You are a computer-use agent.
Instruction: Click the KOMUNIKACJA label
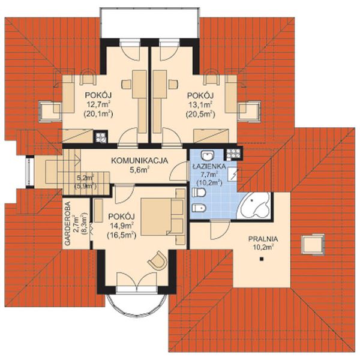pyautogui.click(x=140, y=160)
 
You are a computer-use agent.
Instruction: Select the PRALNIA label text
pyautogui.click(x=263, y=239)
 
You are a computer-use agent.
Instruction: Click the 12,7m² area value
pyautogui.click(x=98, y=104)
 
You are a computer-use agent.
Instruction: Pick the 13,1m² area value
pyautogui.click(x=200, y=104)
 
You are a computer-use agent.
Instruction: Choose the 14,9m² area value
pyautogui.click(x=122, y=226)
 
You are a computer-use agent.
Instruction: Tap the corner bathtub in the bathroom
pyautogui.click(x=254, y=206)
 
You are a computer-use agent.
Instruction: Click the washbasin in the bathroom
pyautogui.click(x=208, y=155)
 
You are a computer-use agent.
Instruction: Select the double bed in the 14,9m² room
pyautogui.click(x=163, y=217)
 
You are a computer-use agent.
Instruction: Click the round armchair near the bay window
pyautogui.click(x=158, y=260)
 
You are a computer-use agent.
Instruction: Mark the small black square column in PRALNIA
pyautogui.click(x=261, y=259)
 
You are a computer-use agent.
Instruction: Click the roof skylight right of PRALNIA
pyautogui.click(x=313, y=244)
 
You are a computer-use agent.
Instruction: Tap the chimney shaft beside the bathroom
pyautogui.click(x=233, y=152)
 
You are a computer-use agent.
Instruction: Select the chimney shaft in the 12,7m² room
pyautogui.click(x=101, y=137)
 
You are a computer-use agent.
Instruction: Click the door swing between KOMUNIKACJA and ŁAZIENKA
pyautogui.click(x=179, y=171)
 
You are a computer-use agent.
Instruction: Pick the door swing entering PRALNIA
pyautogui.click(x=220, y=230)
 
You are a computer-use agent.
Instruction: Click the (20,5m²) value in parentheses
pyautogui.click(x=200, y=114)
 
